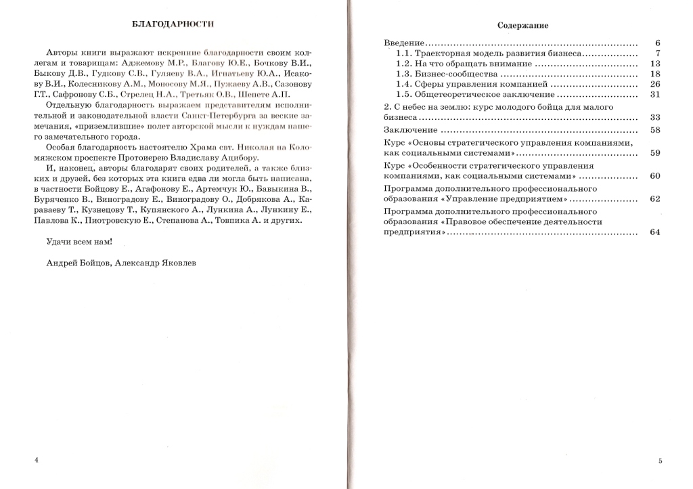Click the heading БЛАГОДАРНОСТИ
pos(173,24)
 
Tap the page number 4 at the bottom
pos(36,460)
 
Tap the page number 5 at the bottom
pos(660,461)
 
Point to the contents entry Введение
pos(404,43)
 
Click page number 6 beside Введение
pos(657,43)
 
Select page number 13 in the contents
pos(654,64)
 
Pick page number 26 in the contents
pos(654,84)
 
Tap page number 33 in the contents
pos(654,117)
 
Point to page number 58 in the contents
pos(654,129)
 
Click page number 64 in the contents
pos(654,232)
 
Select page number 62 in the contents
pos(654,199)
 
